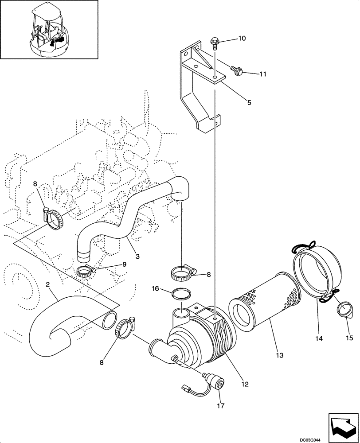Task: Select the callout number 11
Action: tap(262, 74)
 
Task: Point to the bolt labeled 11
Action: tap(235, 69)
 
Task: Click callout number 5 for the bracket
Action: tap(249, 102)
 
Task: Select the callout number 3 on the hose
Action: tap(137, 256)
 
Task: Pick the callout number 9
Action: tap(124, 264)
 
